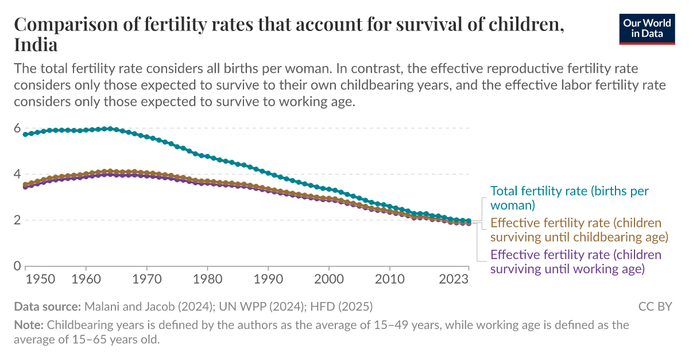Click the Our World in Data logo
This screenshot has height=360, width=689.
point(647,28)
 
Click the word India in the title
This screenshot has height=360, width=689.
point(36,44)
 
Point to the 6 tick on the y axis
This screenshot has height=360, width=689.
point(17,129)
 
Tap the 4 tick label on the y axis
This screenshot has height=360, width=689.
point(17,175)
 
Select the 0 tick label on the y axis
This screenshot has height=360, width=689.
point(17,266)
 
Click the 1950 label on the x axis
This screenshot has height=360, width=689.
point(41,280)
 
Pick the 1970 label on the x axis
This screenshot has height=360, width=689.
point(147,280)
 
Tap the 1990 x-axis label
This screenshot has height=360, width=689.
point(268,280)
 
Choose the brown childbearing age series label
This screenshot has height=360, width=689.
point(579,230)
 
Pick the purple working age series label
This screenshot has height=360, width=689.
point(575,261)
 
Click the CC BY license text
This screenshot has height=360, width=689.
point(655,307)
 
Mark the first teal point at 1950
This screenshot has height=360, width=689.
point(25,134)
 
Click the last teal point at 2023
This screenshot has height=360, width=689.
point(469,221)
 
